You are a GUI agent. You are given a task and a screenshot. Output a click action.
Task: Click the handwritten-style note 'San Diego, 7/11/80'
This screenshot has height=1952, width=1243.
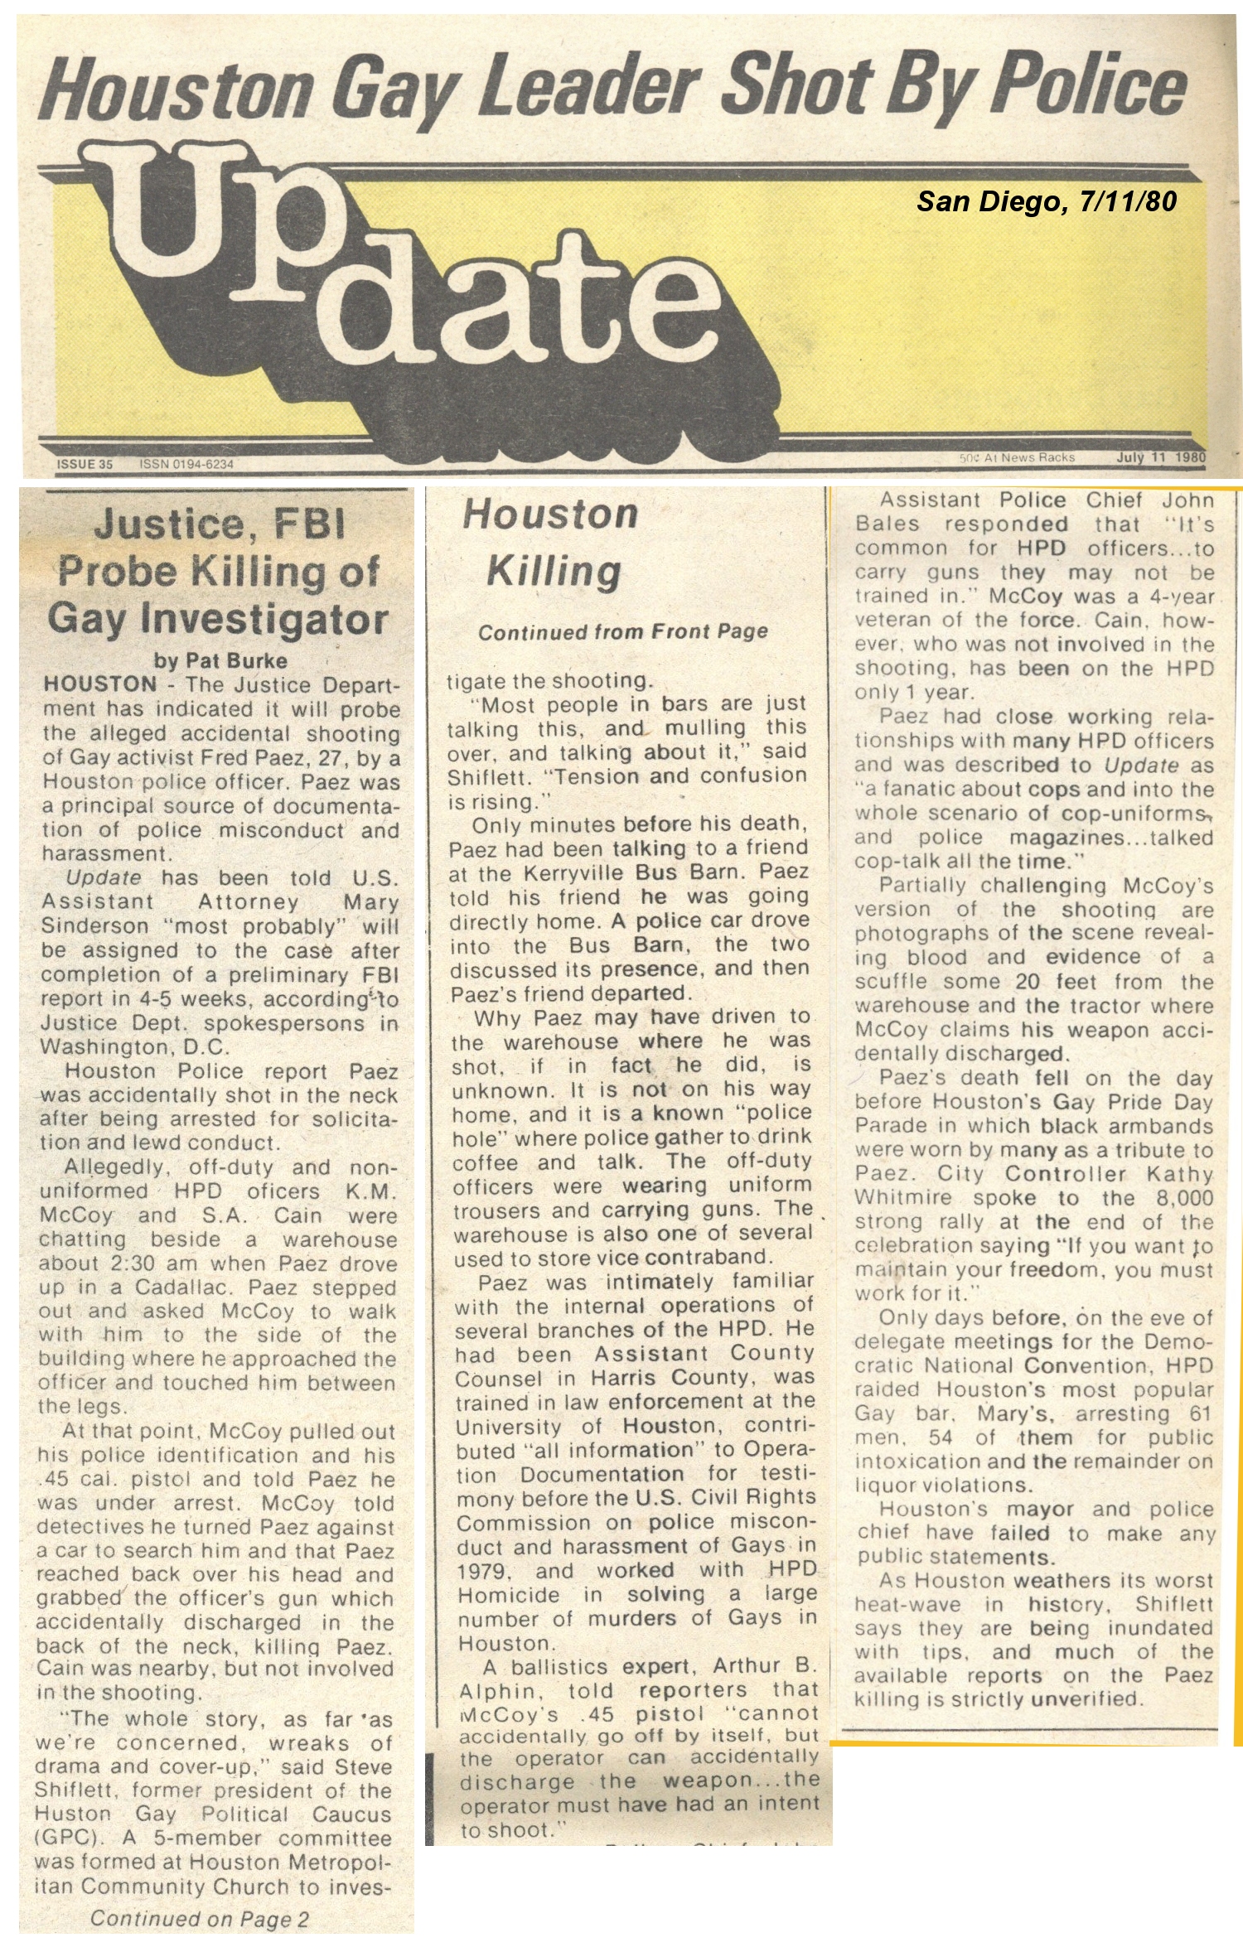tap(1046, 201)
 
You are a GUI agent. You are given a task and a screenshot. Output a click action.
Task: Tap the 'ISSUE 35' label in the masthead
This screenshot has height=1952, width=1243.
tap(85, 464)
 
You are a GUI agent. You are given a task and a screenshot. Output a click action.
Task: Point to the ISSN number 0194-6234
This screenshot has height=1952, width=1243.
tap(187, 464)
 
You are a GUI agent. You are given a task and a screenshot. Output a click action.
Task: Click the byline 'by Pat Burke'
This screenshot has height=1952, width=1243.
tap(220, 660)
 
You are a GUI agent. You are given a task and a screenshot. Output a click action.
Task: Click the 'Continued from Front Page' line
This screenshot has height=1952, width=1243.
tap(622, 632)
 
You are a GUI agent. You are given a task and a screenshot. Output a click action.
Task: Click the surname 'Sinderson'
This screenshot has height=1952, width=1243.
tap(84, 925)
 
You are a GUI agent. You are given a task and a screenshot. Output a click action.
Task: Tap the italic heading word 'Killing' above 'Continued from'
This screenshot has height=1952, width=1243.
tap(554, 572)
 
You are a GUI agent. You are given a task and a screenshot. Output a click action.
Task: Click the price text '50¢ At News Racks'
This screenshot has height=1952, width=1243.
tap(1016, 457)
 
